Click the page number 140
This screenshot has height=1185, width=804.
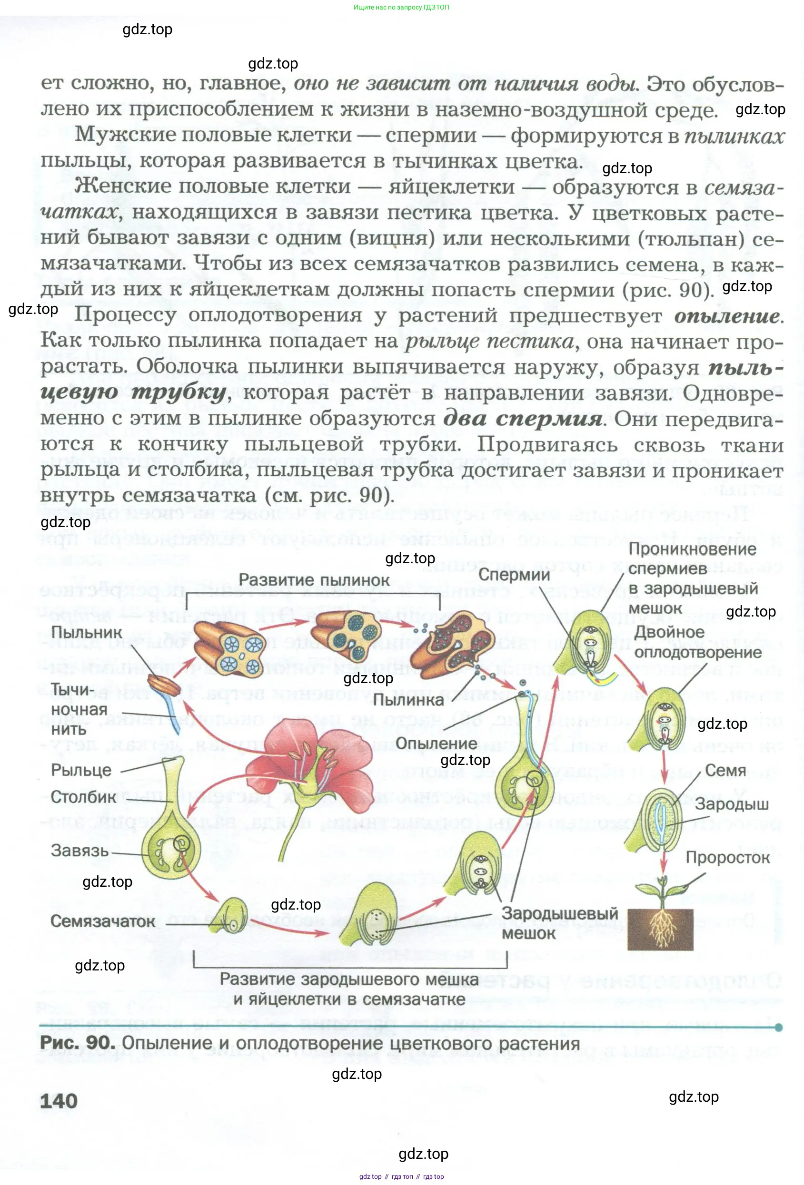click(59, 1101)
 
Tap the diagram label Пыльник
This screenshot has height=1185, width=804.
click(86, 632)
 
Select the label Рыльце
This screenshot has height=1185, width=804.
click(80, 770)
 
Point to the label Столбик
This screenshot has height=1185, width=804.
click(83, 796)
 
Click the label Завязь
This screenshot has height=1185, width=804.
click(79, 851)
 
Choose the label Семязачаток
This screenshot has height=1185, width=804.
click(102, 921)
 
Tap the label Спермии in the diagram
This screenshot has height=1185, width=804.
click(514, 575)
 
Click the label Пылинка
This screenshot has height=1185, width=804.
click(408, 700)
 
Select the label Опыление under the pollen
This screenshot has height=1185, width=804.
click(436, 744)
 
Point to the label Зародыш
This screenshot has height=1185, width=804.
click(732, 804)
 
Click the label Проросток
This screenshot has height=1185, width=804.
click(727, 858)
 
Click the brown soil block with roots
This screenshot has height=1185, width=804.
click(661, 929)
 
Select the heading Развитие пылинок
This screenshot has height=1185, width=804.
click(314, 580)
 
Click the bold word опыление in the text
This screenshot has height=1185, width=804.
click(727, 317)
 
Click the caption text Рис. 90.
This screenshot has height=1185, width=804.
click(77, 1043)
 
